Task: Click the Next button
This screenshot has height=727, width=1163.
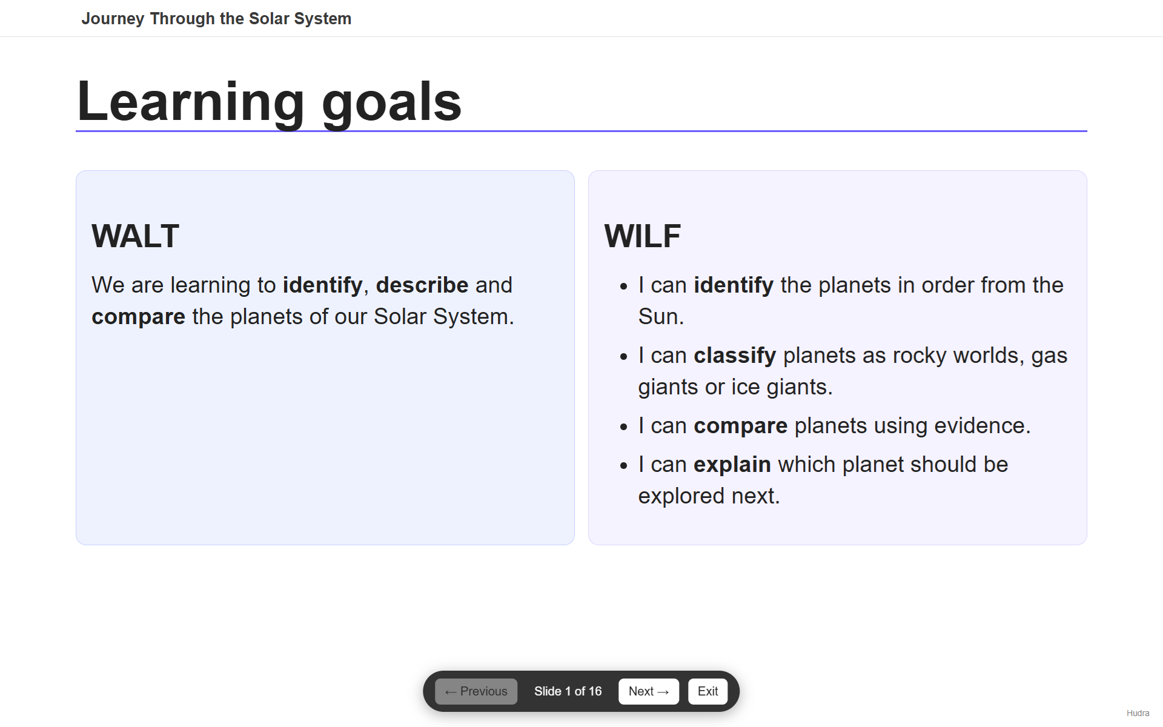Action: [x=648, y=691]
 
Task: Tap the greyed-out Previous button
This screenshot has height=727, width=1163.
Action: [x=476, y=691]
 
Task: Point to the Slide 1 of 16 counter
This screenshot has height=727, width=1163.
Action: [x=568, y=691]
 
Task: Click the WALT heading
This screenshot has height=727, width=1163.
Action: [x=135, y=236]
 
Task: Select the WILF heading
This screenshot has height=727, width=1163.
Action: [x=642, y=236]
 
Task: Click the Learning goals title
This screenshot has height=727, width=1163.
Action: [x=269, y=102]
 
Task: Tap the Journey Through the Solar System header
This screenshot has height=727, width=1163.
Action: [x=216, y=19]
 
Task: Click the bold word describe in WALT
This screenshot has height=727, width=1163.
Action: [x=422, y=285]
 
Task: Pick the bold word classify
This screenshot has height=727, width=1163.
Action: [x=735, y=356]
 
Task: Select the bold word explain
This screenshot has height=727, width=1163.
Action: [x=732, y=465]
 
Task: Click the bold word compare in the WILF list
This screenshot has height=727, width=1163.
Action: [x=740, y=427]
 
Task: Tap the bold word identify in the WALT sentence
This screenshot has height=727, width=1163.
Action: [x=322, y=285]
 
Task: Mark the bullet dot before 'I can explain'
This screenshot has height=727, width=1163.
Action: [x=624, y=466]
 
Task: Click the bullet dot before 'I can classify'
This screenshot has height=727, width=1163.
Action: [x=624, y=357]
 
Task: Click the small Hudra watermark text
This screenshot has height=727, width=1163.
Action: [x=1138, y=713]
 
